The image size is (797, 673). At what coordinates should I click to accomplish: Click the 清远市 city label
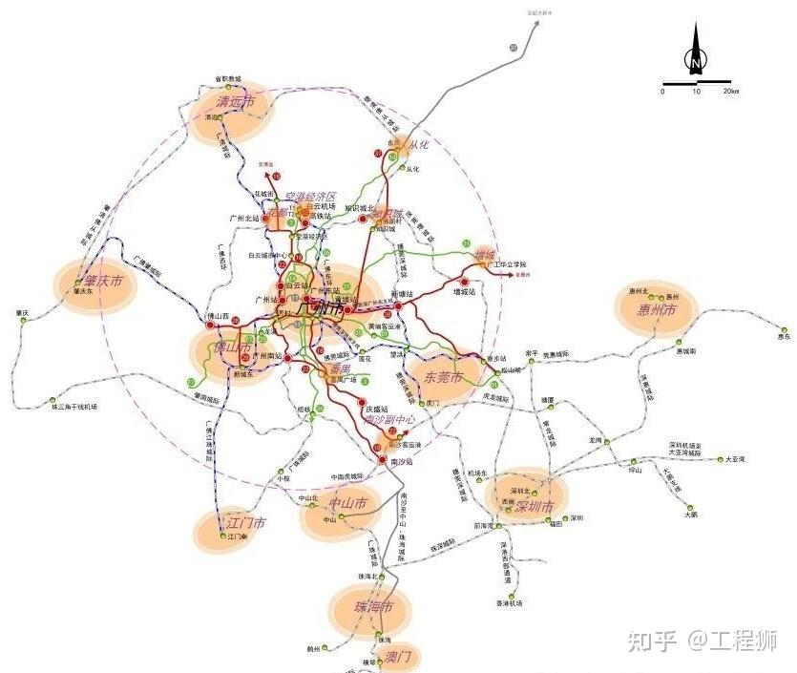point(236,101)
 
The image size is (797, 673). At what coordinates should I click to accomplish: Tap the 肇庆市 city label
point(103,282)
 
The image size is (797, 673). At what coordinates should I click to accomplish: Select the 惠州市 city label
point(657,311)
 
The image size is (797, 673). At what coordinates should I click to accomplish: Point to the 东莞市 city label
point(443,377)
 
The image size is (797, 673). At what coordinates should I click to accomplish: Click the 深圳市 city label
point(534,506)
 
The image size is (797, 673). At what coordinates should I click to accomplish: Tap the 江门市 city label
point(246,523)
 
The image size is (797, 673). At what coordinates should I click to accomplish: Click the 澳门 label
point(398,657)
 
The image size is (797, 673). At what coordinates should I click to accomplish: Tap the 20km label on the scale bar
point(730,92)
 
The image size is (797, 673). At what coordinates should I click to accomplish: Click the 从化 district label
point(420,145)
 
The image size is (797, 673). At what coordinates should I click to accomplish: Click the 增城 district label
point(486,255)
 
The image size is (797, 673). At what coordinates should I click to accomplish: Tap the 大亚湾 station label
point(734,459)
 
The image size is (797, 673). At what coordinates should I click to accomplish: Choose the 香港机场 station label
point(511,602)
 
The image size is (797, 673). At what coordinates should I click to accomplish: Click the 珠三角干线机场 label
point(74,407)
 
